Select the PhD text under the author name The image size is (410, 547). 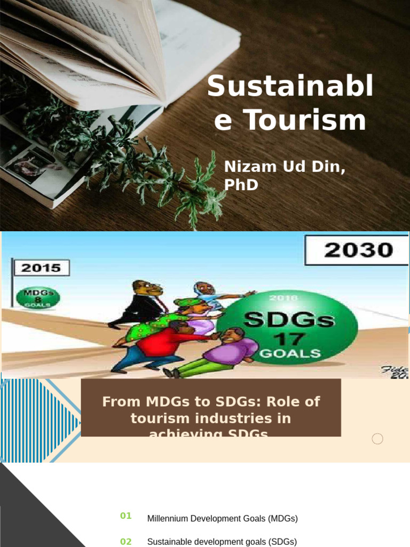[241, 185]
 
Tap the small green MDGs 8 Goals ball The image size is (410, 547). [38, 297]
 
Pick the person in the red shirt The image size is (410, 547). [160, 345]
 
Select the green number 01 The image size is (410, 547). [126, 515]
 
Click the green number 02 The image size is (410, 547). [126, 542]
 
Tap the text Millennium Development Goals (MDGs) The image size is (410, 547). [222, 518]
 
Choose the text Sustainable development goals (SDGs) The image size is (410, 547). [222, 542]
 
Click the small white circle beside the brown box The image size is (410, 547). [377, 439]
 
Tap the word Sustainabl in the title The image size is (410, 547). [290, 87]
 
